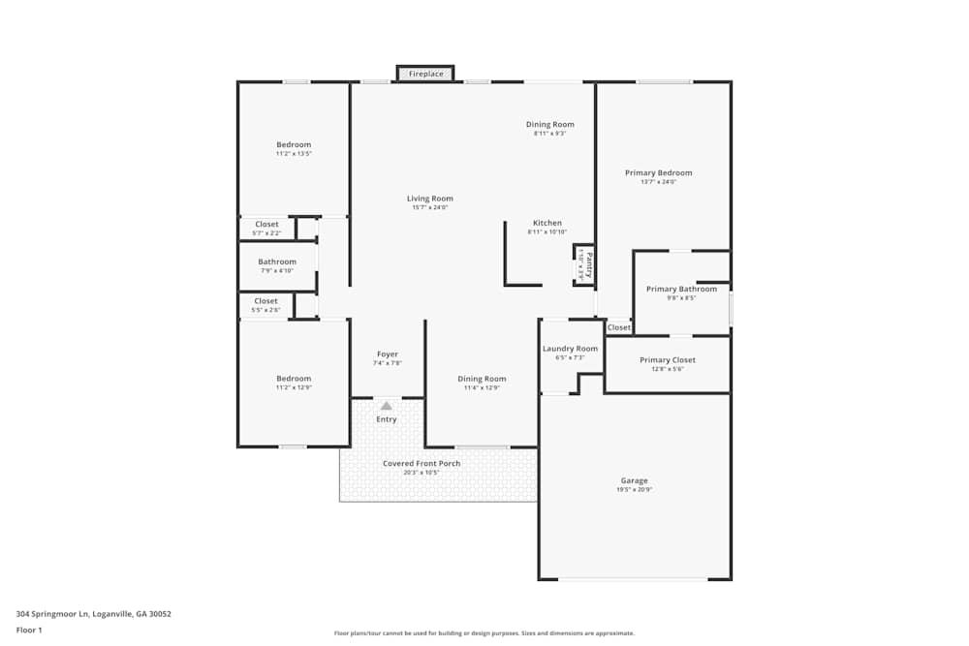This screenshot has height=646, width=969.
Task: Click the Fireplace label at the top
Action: click(425, 75)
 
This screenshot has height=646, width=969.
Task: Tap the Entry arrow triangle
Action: click(387, 406)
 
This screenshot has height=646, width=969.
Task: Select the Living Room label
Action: click(430, 199)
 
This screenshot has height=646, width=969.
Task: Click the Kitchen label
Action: click(546, 223)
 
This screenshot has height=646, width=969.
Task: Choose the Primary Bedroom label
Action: click(658, 173)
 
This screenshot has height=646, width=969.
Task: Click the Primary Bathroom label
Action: click(681, 289)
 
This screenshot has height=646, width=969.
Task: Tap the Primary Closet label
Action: click(667, 360)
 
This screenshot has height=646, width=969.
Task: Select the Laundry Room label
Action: click(570, 349)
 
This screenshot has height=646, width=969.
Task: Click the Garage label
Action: click(635, 480)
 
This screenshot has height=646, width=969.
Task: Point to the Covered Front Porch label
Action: click(422, 464)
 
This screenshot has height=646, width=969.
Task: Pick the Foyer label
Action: click(387, 354)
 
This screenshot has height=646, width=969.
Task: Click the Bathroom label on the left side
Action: click(276, 261)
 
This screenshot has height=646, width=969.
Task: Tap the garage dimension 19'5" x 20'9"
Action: click(635, 490)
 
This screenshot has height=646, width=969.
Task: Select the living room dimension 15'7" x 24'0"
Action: click(430, 207)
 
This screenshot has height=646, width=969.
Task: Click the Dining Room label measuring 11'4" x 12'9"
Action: click(482, 379)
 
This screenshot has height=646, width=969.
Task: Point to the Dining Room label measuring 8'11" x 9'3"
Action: click(549, 124)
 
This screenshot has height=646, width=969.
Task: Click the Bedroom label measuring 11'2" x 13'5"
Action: click(293, 144)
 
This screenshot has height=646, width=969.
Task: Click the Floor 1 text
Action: click(29, 630)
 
